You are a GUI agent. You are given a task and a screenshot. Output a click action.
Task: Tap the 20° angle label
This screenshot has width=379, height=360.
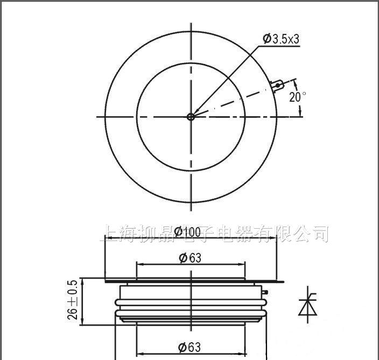[297, 97]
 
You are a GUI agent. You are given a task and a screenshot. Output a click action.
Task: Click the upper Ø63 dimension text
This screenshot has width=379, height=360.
[189, 258]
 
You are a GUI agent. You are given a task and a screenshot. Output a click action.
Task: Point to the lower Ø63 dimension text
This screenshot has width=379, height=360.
[189, 348]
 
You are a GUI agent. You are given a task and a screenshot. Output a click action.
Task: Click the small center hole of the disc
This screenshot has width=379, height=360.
[191, 116]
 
